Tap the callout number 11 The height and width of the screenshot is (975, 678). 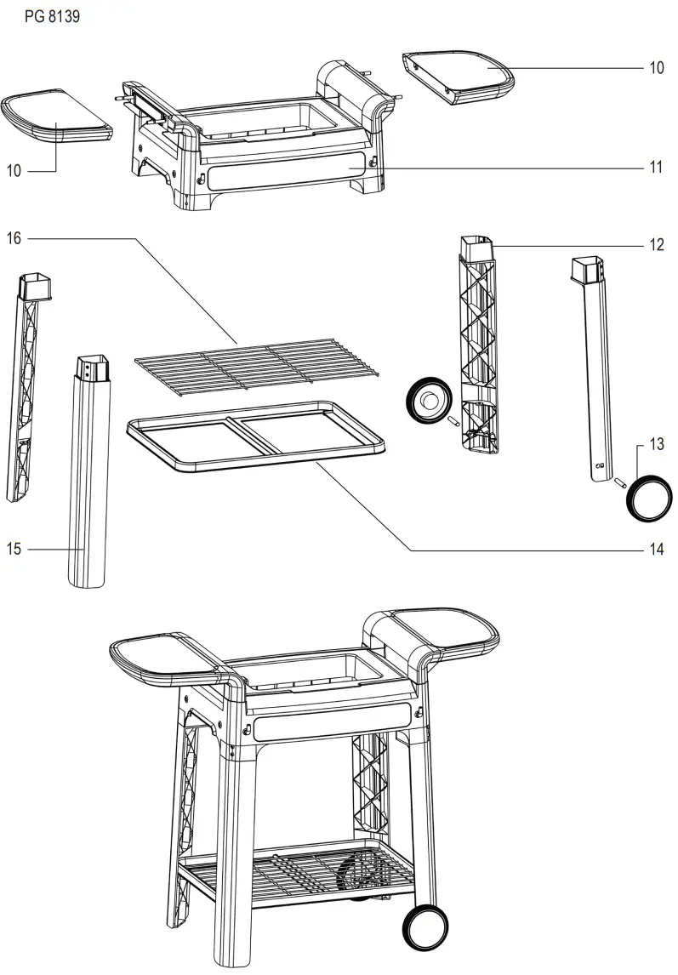coord(656,168)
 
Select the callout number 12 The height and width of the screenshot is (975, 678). coord(656,246)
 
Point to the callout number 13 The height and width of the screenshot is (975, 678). coord(656,443)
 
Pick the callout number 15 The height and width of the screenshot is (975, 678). coord(14,549)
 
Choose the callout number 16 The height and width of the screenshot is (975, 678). coord(14,238)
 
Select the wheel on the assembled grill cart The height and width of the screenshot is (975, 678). coord(424,927)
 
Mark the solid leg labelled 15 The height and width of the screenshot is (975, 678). coord(89,476)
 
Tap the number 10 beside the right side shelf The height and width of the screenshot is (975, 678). coord(656,68)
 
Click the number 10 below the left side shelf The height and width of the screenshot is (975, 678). coord(14,171)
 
